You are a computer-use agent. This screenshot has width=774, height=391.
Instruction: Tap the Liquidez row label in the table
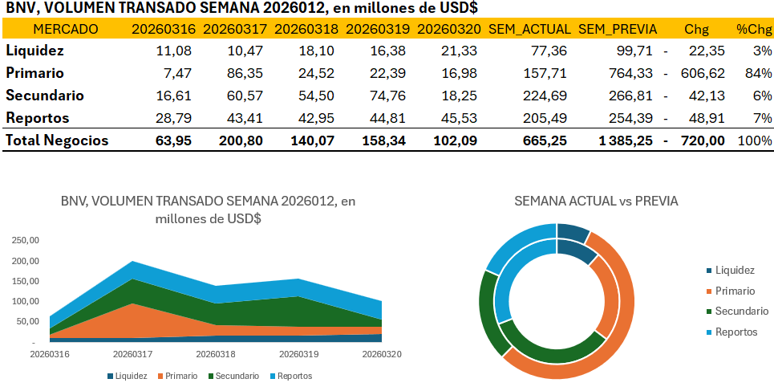[x=35, y=51]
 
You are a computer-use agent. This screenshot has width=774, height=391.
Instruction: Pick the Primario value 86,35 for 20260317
[x=239, y=73]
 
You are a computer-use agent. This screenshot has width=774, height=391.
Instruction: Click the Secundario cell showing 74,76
[x=388, y=96]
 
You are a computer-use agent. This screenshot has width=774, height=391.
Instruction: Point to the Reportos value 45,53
[x=460, y=118]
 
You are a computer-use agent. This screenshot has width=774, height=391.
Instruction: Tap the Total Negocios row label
[x=57, y=141]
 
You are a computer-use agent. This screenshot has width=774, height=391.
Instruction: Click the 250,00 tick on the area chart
[x=24, y=240]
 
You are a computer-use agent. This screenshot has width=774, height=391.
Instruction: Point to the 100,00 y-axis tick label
[x=24, y=301]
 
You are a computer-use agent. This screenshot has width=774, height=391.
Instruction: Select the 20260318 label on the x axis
[x=215, y=353]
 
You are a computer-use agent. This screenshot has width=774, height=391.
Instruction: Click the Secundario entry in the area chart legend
[x=233, y=376]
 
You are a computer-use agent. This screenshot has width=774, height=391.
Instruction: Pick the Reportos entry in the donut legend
[x=735, y=332]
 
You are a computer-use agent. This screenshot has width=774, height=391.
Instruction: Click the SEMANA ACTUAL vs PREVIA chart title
[x=596, y=201]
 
